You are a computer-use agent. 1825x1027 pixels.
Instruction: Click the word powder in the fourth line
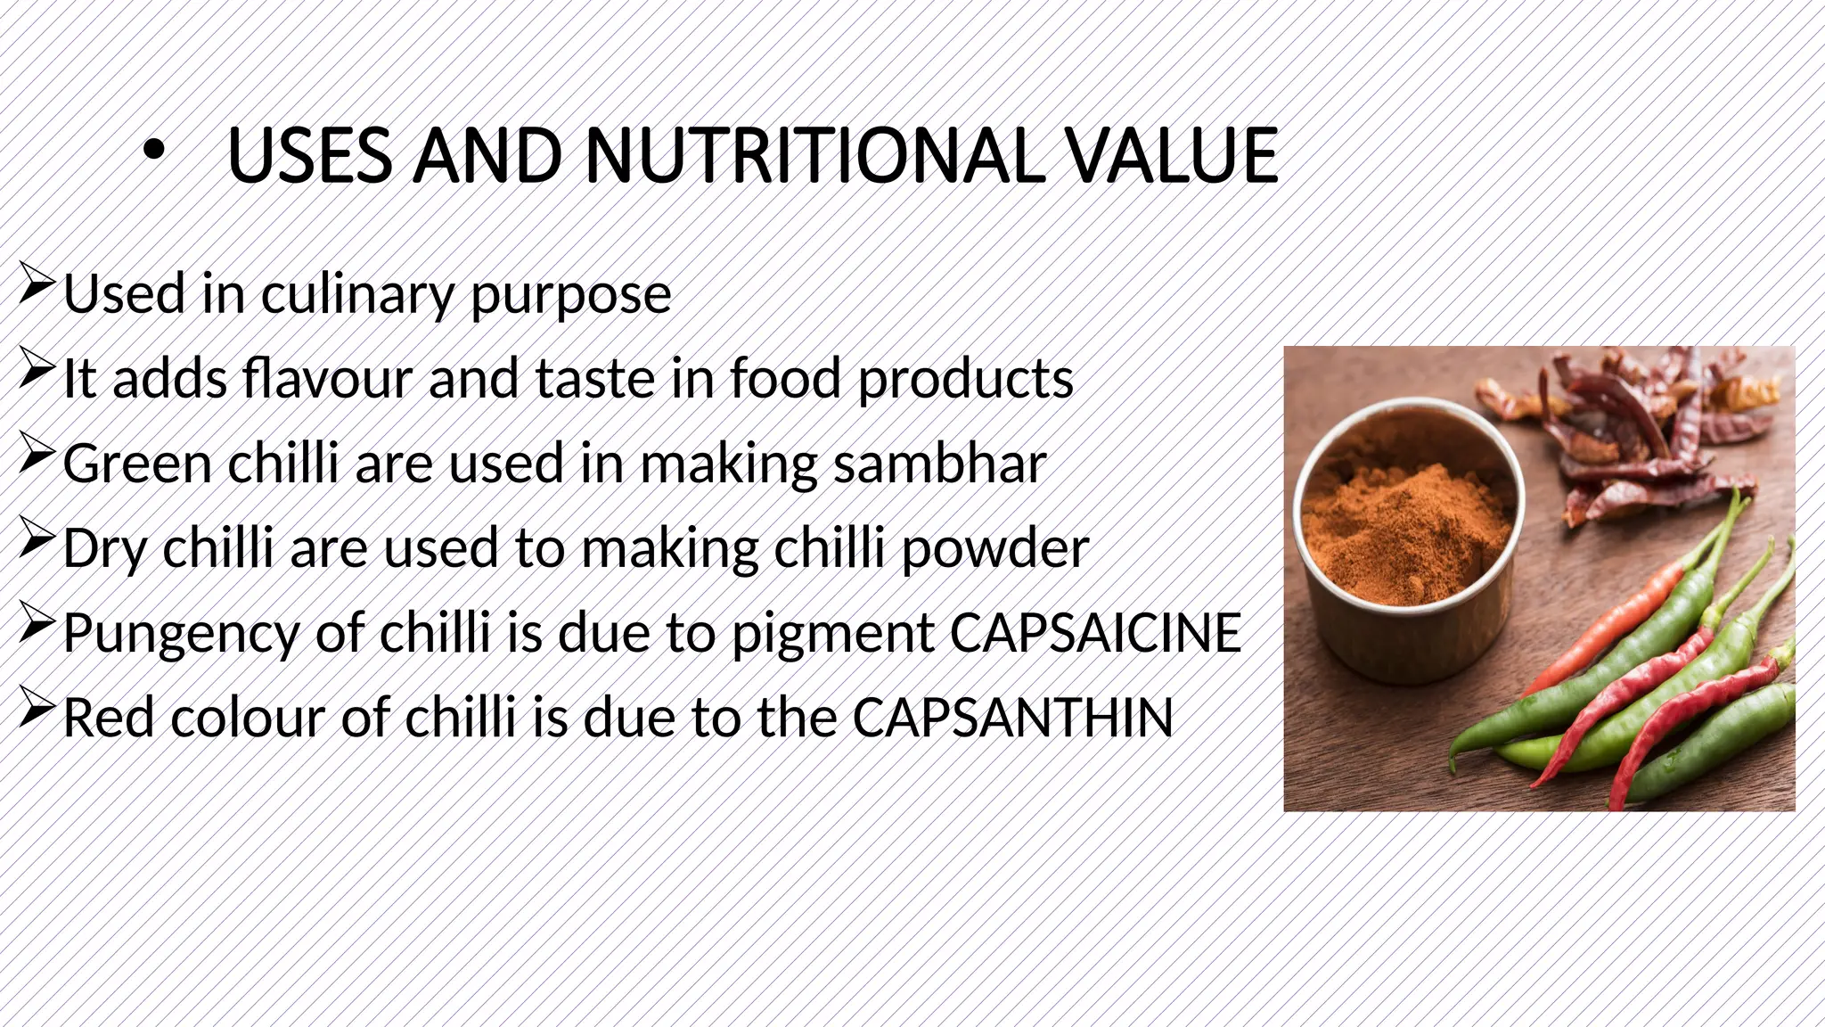coord(995,548)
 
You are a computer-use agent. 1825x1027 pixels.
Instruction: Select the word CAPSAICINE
coord(1095,633)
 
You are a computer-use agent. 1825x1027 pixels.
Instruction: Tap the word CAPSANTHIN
coord(1012,718)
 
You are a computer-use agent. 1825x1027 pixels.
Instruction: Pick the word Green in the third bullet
coord(137,464)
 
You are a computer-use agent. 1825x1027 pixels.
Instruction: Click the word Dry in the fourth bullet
coord(105,549)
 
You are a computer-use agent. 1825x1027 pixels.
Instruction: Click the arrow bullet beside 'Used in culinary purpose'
coord(37,285)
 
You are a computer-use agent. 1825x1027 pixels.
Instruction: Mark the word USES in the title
coord(310,156)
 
